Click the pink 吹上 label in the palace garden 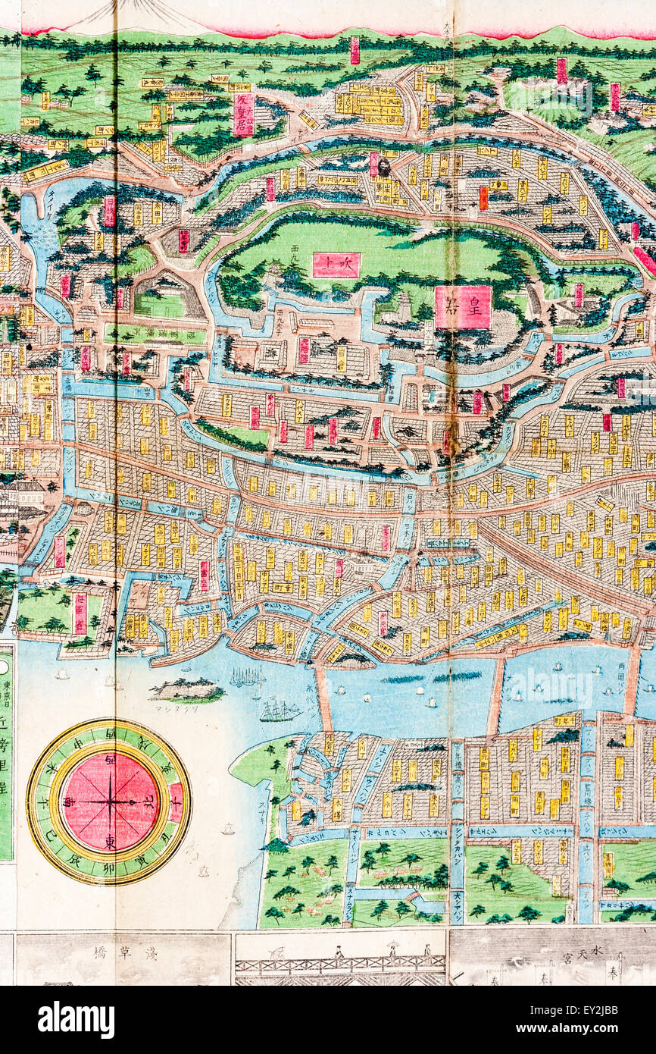click(336, 265)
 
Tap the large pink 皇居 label click(462, 307)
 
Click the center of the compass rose click(110, 801)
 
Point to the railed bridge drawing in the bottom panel click(340, 963)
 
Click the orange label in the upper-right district click(483, 198)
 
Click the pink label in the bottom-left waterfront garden click(80, 613)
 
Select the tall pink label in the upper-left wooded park click(243, 114)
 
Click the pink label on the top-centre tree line click(355, 50)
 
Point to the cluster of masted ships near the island click(247, 676)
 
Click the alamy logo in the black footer click(76, 1019)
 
